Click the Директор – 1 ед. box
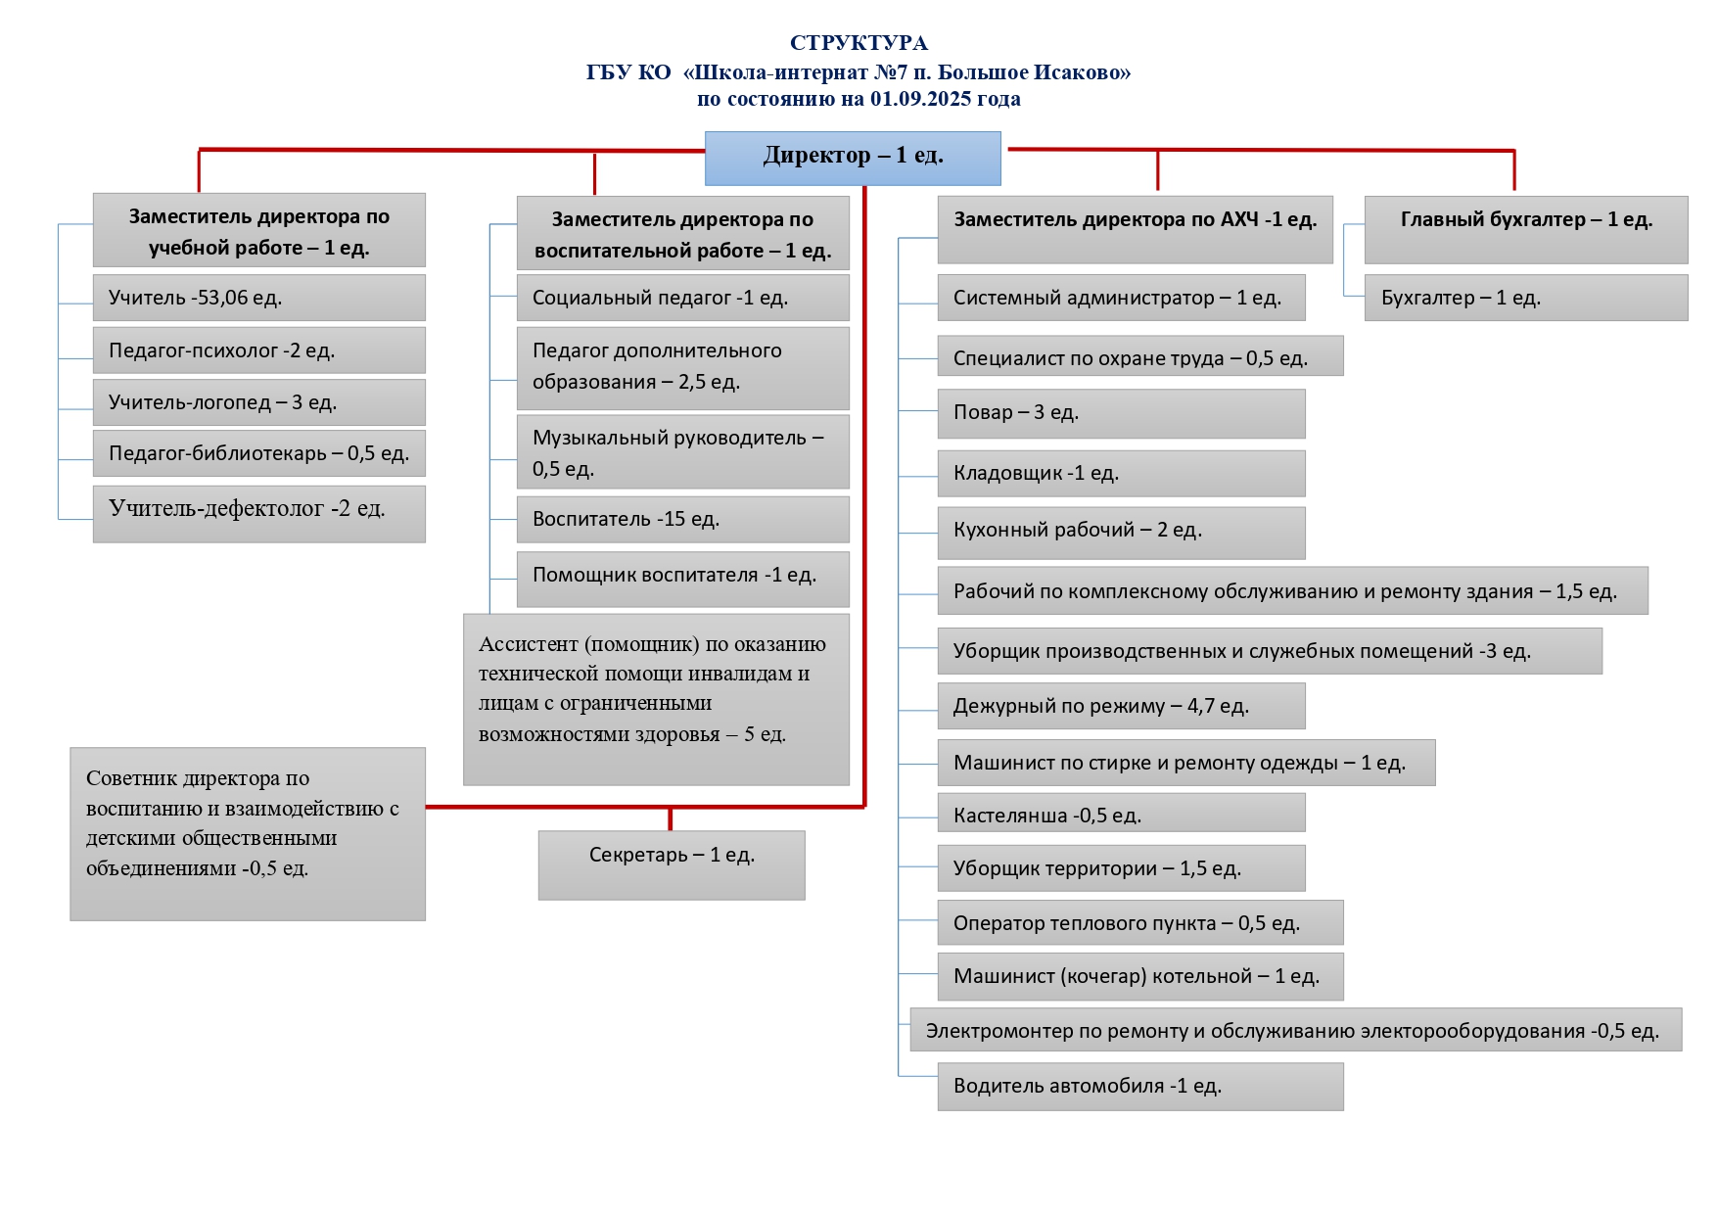[x=853, y=158]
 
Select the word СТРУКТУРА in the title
[x=859, y=43]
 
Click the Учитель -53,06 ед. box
[x=258, y=298]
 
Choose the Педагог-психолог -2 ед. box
[x=258, y=350]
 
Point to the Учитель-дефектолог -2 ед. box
[x=258, y=513]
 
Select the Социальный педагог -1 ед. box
[x=682, y=298]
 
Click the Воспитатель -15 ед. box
[x=682, y=519]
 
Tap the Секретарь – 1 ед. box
[x=672, y=864]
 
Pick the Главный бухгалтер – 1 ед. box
[x=1525, y=229]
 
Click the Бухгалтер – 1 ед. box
[x=1525, y=298]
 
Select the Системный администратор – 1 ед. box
[x=1121, y=298]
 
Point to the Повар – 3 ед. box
[x=1121, y=413]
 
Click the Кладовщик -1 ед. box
[x=1121, y=473]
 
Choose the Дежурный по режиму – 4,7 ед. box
[x=1121, y=706]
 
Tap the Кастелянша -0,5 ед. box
[x=1121, y=814]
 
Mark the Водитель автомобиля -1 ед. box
[x=1139, y=1086]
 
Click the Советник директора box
[x=248, y=833]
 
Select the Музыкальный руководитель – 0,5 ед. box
[x=682, y=452]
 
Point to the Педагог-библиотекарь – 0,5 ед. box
[x=258, y=453]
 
